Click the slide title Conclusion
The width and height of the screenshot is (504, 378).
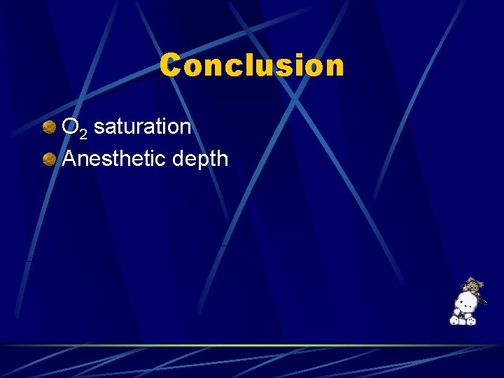(252, 66)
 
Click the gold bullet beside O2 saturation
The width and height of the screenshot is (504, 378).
(49, 127)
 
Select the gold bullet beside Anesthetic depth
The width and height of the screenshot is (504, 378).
(49, 160)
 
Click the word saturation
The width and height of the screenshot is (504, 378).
(142, 127)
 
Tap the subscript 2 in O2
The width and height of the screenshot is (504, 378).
(83, 133)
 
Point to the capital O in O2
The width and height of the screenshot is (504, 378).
(70, 127)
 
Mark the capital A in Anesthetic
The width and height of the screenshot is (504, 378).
(69, 158)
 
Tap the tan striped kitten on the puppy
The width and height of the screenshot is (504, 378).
(471, 286)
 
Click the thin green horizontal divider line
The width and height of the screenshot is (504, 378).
(252, 345)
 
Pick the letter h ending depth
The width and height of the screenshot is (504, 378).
(223, 158)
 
